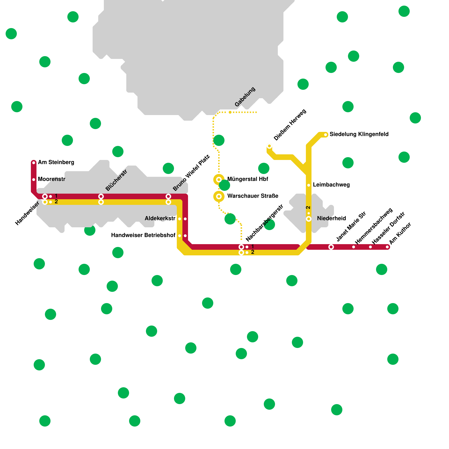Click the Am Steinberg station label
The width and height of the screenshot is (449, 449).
tap(56, 162)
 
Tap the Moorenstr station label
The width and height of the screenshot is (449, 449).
tap(52, 179)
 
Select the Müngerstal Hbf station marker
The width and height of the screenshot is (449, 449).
tap(219, 180)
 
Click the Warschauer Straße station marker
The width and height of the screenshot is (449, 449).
tap(219, 196)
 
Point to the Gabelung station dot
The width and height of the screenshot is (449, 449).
tap(230, 112)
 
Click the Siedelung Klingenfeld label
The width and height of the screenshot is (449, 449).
tap(359, 134)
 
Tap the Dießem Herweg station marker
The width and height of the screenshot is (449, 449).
tap(269, 146)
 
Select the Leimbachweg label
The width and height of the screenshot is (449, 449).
tap(331, 185)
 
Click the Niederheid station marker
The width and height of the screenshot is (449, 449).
tap(309, 219)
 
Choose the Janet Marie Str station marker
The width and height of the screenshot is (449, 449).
tap(331, 247)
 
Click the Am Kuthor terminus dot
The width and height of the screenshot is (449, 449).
tap(387, 247)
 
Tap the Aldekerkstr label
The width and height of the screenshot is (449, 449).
tap(160, 218)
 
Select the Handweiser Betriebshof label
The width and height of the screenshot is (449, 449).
tap(143, 235)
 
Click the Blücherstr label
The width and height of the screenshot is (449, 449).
tap(116, 180)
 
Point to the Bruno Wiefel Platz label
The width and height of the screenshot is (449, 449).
tap(191, 173)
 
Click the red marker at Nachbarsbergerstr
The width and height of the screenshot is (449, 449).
tap(241, 247)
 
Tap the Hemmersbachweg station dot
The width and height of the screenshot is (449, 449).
tap(354, 247)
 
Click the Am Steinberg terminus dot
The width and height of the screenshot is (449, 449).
tap(34, 163)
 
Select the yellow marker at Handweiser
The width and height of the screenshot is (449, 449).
tap(45, 202)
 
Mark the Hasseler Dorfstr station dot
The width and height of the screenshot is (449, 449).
tap(370, 247)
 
